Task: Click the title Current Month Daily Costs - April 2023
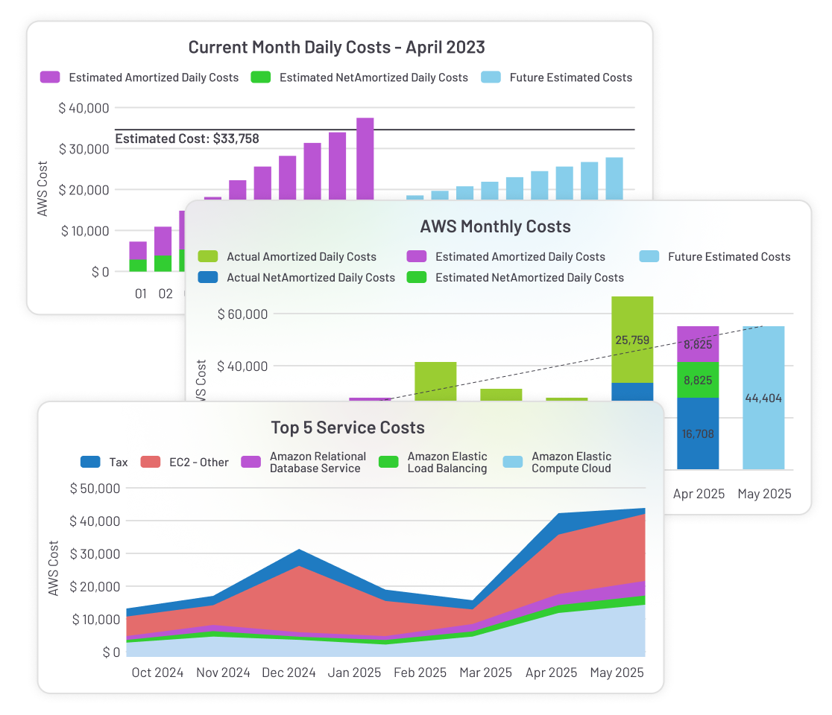pyautogui.click(x=336, y=48)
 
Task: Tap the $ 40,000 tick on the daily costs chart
pyautogui.click(x=83, y=108)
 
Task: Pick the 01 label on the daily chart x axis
pyautogui.click(x=141, y=293)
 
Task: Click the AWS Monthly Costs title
pyautogui.click(x=496, y=226)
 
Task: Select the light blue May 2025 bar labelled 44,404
pyautogui.click(x=763, y=398)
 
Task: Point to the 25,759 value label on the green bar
pyautogui.click(x=632, y=340)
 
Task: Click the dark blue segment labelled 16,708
pyautogui.click(x=698, y=433)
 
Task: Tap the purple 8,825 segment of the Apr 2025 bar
pyautogui.click(x=698, y=344)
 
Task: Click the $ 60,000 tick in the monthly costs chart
pyautogui.click(x=242, y=314)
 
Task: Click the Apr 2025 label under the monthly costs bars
pyautogui.click(x=699, y=494)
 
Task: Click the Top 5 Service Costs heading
pyautogui.click(x=347, y=428)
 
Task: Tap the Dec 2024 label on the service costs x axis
pyautogui.click(x=289, y=673)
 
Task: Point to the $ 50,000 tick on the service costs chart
pyautogui.click(x=95, y=489)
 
